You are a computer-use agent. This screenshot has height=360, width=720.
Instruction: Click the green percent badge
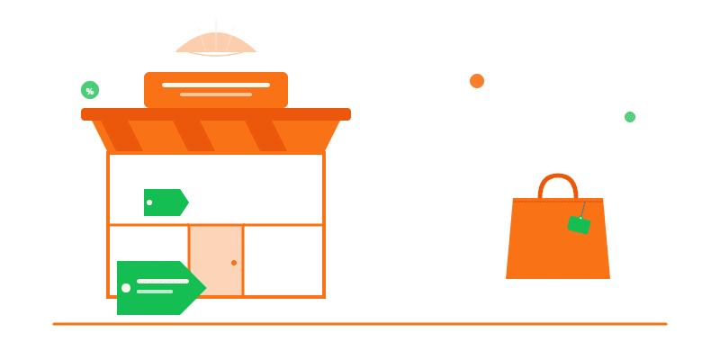point(90,90)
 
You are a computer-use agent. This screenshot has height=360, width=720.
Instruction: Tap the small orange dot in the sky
point(477,81)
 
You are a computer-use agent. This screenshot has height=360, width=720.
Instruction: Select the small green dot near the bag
point(630,116)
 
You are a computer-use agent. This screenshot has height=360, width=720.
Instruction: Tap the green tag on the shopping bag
point(579,225)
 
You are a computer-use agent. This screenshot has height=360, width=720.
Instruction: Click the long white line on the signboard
point(216,85)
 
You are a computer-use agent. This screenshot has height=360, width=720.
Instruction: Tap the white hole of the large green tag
point(126,288)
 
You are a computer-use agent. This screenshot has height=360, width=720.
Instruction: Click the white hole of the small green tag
point(149,202)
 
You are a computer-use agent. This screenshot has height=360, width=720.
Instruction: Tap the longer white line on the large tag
point(163,282)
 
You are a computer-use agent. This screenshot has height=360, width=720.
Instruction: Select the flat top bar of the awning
point(216,114)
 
